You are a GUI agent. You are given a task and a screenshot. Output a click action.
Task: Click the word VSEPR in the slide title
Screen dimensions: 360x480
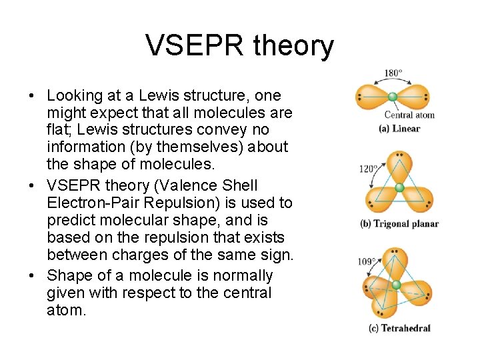(194, 46)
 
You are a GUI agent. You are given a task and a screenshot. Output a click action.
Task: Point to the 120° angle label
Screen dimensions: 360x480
(368, 169)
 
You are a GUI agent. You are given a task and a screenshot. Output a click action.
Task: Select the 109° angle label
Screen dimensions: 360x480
(366, 261)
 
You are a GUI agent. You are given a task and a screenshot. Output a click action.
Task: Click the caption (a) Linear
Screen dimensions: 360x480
(399, 129)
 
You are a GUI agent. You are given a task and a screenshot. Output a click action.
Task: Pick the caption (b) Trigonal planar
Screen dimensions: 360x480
(399, 224)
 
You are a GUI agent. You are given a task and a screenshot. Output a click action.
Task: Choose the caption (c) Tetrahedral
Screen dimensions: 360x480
(399, 328)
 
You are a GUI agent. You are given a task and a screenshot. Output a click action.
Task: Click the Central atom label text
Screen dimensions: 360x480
(409, 115)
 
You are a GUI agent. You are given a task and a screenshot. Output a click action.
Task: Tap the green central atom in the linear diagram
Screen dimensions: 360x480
(393, 97)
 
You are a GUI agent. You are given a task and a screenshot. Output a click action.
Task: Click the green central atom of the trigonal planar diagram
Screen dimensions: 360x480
(399, 188)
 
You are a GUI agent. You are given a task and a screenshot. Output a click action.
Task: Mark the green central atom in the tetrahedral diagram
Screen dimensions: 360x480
(397, 285)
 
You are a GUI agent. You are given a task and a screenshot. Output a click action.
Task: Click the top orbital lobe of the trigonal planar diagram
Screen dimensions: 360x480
(399, 167)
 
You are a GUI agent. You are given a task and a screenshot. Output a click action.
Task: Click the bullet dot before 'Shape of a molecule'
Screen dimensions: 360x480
(33, 276)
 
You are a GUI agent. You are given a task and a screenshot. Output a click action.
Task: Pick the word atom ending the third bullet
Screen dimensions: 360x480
(67, 310)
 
